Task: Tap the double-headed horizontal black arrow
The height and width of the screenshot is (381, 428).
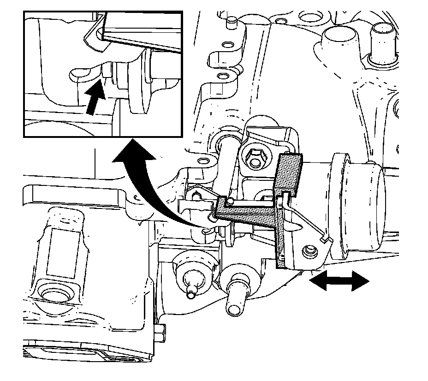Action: [x=339, y=281]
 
